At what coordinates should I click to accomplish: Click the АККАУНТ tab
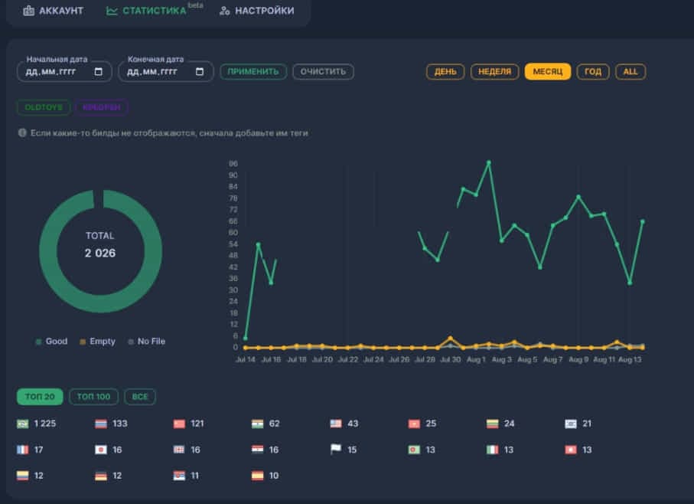(x=53, y=11)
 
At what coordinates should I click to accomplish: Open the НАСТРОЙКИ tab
(x=256, y=11)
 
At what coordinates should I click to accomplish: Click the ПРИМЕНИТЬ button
(x=253, y=71)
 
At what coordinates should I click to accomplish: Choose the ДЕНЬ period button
(x=445, y=71)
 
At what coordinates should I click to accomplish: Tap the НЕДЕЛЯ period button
(x=494, y=71)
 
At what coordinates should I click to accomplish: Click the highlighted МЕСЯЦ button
(x=547, y=71)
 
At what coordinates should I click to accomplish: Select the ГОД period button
(x=593, y=71)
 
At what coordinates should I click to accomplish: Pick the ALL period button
(x=630, y=71)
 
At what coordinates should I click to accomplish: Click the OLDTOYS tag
(x=43, y=107)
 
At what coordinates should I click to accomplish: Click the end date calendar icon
(x=200, y=71)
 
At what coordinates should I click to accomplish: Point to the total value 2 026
(x=100, y=253)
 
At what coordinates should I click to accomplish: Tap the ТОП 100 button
(x=93, y=397)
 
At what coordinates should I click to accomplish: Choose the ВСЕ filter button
(x=140, y=397)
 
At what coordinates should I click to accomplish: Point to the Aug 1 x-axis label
(x=475, y=358)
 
